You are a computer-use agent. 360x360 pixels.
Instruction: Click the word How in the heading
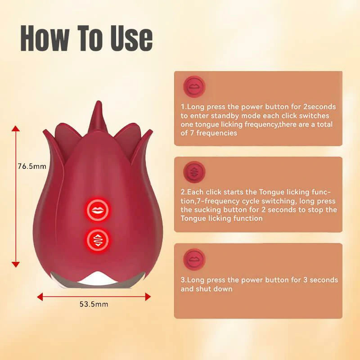[44, 38]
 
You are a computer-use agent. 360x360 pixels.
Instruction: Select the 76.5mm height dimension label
[32, 166]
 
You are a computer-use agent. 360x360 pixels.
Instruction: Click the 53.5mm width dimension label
[94, 304]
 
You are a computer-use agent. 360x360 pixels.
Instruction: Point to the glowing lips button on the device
[98, 210]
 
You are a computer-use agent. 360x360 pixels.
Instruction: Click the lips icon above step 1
[194, 87]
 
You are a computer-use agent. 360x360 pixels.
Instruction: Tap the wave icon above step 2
[194, 172]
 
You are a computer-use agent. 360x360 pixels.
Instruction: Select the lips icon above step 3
[194, 260]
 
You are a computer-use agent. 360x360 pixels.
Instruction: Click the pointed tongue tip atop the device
[98, 102]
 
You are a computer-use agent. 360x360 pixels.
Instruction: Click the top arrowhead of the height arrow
[16, 128]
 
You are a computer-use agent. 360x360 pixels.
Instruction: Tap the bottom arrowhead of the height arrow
[16, 265]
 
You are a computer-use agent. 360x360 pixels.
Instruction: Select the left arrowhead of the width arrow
[40, 297]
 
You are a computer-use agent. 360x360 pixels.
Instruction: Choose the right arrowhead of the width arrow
[148, 297]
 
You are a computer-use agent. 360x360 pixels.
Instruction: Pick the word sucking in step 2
[207, 210]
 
